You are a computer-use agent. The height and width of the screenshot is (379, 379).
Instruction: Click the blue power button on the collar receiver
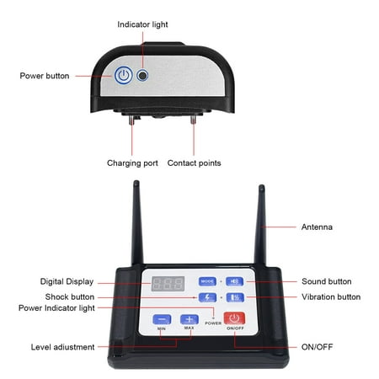[123, 75]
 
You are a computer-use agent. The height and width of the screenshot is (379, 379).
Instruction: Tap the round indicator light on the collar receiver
[142, 76]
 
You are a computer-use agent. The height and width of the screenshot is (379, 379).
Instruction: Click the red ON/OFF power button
[234, 318]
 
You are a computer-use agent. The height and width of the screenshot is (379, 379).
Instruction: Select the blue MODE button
[207, 281]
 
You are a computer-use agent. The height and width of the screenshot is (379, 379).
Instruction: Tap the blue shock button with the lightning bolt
[207, 297]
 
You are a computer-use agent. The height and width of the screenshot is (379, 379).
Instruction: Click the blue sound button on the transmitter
[235, 281]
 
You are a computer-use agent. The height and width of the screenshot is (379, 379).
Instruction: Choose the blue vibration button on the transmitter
[235, 297]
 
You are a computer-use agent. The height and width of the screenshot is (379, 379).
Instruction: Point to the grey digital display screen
[168, 284]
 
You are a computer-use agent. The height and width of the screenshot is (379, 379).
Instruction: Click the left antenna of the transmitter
[137, 223]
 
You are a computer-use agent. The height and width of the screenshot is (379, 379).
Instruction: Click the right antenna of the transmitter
[260, 226]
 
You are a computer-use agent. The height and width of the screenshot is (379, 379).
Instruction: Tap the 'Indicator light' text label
[142, 24]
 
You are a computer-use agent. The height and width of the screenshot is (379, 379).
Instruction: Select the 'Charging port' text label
[132, 163]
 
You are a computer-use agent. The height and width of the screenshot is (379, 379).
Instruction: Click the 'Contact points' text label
[194, 163]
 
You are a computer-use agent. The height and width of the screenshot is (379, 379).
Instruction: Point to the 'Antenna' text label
[317, 227]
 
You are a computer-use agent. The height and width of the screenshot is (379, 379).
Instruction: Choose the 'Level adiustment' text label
[62, 347]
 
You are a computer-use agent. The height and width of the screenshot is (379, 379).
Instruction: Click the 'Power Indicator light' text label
[56, 308]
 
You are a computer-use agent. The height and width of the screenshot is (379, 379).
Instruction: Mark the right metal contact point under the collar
[193, 120]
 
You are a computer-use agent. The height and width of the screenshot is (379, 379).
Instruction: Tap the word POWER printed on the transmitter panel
[213, 323]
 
